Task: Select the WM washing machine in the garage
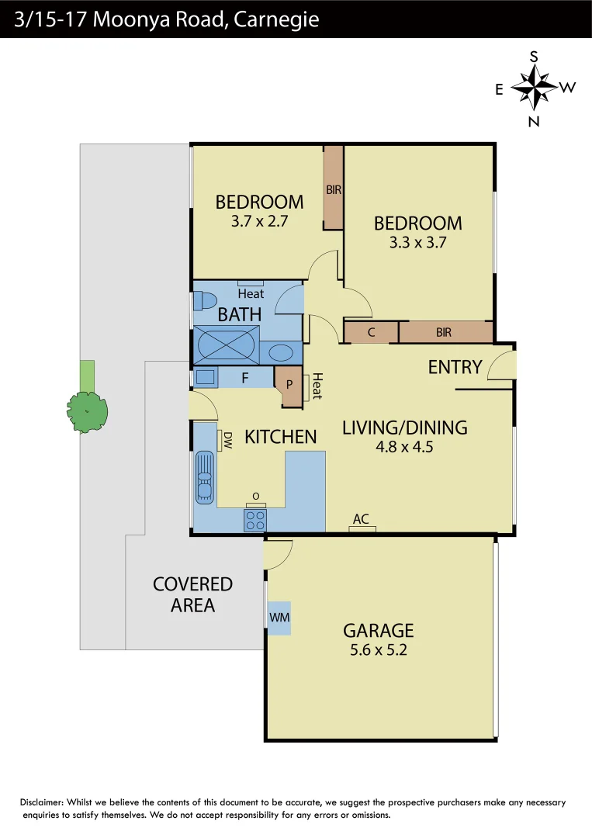[x=279, y=618]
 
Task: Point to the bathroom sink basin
[x=280, y=352]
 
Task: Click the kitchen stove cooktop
[x=255, y=520]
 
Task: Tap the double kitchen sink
[x=204, y=476]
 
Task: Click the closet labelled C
[x=371, y=333]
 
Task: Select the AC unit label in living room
[x=361, y=519]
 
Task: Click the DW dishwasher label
[x=227, y=441]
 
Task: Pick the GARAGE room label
[x=378, y=631]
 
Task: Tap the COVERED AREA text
[x=192, y=594]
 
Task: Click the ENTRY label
[x=455, y=367]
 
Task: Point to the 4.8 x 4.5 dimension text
[x=404, y=447]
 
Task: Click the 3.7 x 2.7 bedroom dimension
[x=259, y=221]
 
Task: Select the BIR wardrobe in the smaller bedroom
[x=334, y=189]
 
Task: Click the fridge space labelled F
[x=245, y=379]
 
